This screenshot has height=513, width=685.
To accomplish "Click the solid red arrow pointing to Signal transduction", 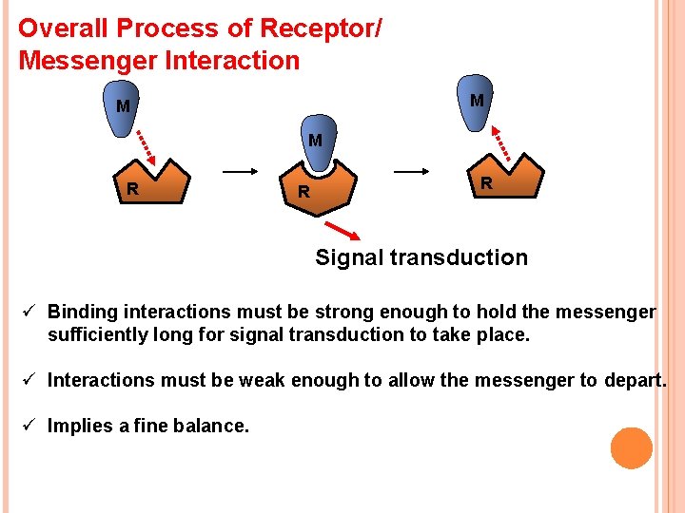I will point(345,231).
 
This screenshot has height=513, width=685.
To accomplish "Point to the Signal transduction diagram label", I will point(421,257).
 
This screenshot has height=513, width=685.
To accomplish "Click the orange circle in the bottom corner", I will point(632,447).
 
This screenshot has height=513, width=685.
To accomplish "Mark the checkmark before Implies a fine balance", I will point(29,426).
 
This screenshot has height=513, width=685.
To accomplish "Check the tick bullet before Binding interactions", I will point(29,312).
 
